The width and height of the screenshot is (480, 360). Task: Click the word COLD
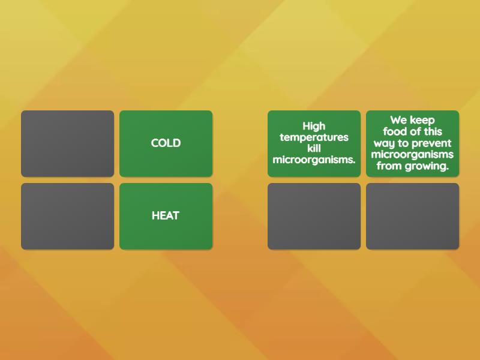tap(166, 143)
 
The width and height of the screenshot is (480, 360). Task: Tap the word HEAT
tap(166, 215)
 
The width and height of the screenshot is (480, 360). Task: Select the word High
tap(314, 126)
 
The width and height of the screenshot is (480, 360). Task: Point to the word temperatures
tap(314, 137)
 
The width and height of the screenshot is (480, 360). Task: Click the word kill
tap(314, 148)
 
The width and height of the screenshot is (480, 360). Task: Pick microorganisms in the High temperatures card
tap(314, 159)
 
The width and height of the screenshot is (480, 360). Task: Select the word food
tap(395, 131)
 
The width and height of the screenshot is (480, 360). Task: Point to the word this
tap(432, 131)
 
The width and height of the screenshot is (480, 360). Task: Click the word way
tap(384, 143)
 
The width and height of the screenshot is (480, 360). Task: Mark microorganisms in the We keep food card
tap(412, 154)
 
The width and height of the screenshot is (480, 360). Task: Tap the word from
tap(389, 166)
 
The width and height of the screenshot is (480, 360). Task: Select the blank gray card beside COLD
tap(68, 143)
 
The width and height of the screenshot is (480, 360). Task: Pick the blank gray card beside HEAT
tap(68, 216)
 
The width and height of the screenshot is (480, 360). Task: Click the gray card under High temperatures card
tap(314, 216)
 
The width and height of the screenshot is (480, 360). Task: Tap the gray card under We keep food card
tap(412, 216)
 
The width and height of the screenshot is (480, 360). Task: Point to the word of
tap(415, 131)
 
